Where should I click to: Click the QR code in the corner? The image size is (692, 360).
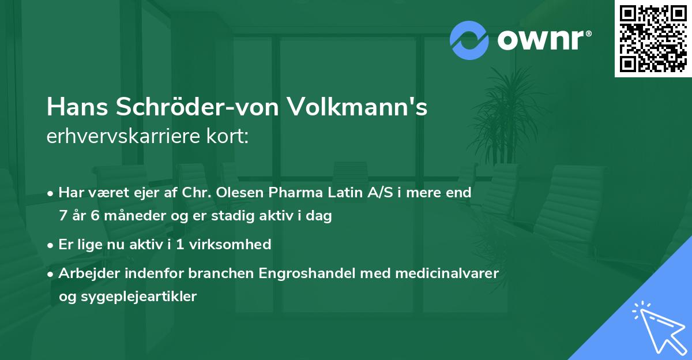(x=653, y=39)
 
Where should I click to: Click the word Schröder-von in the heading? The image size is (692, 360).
(x=202, y=108)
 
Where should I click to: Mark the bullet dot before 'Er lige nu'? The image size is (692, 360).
(x=51, y=245)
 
